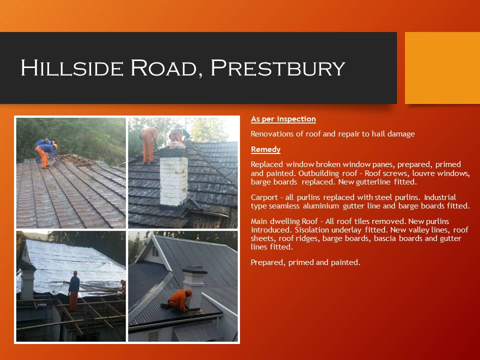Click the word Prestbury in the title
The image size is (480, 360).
click(277, 68)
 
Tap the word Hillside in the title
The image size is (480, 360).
click(70, 68)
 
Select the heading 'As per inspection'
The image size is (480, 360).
click(283, 119)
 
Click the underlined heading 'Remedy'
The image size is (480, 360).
click(265, 149)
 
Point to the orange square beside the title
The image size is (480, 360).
click(442, 68)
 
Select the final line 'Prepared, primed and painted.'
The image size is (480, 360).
click(305, 262)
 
